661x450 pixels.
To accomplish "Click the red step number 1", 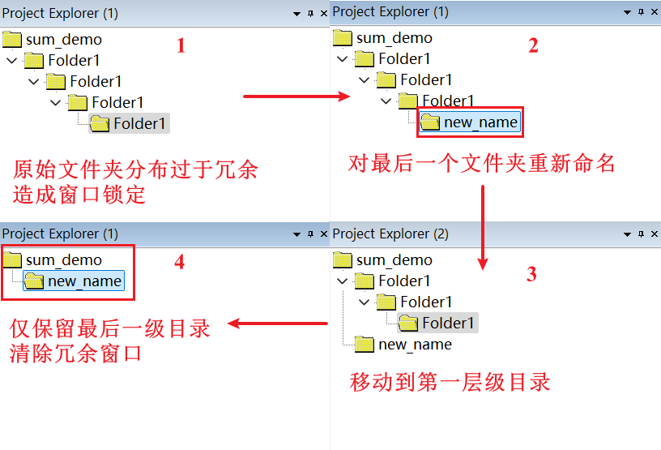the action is coord(181,45).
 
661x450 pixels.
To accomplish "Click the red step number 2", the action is coord(533,45).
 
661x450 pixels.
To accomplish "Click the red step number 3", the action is coord(531,274).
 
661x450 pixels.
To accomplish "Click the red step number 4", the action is coord(180,263).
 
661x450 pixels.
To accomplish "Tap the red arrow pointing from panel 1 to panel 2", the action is coord(296,96).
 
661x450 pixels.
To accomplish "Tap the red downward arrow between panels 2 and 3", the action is coord(484,227).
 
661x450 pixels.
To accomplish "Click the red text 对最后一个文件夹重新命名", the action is coord(482,164).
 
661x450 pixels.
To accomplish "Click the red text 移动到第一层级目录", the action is coord(450,382).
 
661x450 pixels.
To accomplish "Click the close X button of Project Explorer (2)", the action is coord(654,234).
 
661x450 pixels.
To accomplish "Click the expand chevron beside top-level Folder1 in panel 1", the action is coord(12,60).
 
